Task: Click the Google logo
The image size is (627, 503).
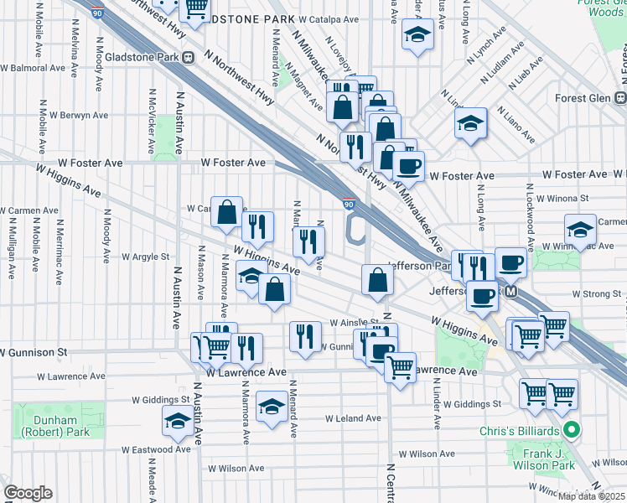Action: (28, 493)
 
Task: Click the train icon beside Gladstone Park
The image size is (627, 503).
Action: (189, 57)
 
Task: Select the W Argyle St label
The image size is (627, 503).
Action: (146, 257)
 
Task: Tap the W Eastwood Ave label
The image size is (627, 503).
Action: (156, 449)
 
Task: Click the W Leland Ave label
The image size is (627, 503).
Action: (354, 417)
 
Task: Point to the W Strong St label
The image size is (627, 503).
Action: (593, 294)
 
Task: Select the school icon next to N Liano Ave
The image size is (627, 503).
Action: (471, 124)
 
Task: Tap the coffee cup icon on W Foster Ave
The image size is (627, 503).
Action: (408, 165)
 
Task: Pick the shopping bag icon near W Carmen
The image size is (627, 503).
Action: (226, 212)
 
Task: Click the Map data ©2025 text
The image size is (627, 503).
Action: (589, 496)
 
